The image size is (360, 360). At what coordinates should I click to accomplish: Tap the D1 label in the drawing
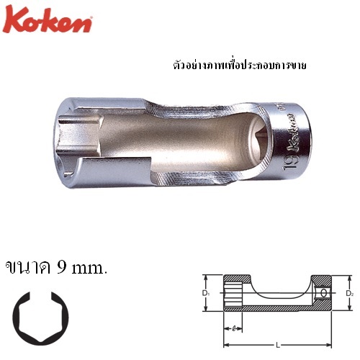tap(205, 293)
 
